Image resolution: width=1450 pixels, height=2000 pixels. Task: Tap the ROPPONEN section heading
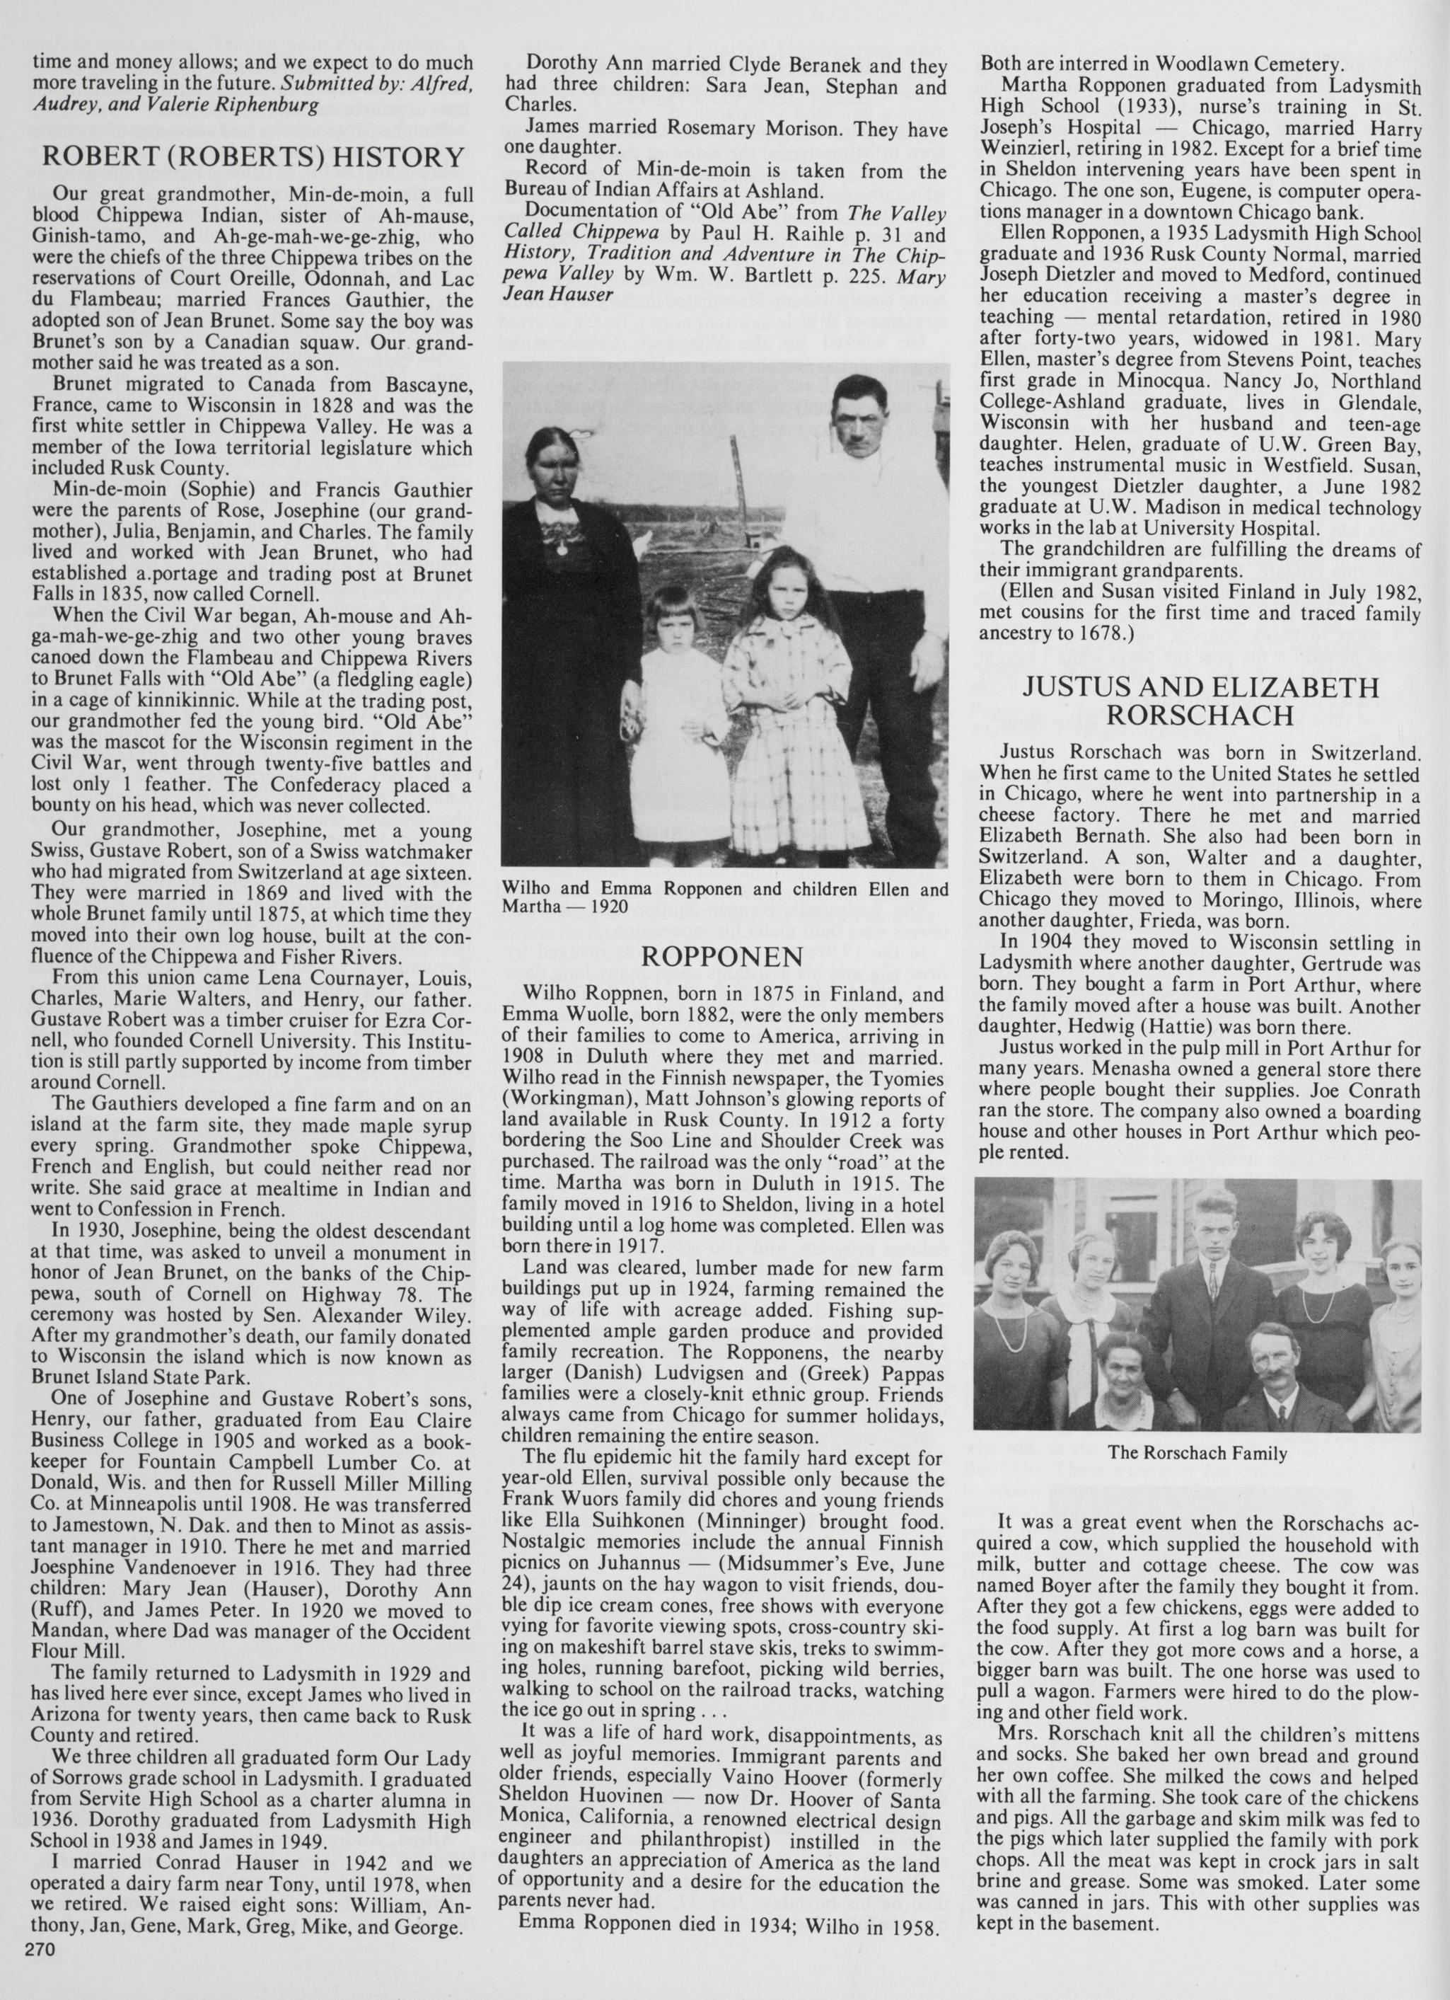click(724, 957)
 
